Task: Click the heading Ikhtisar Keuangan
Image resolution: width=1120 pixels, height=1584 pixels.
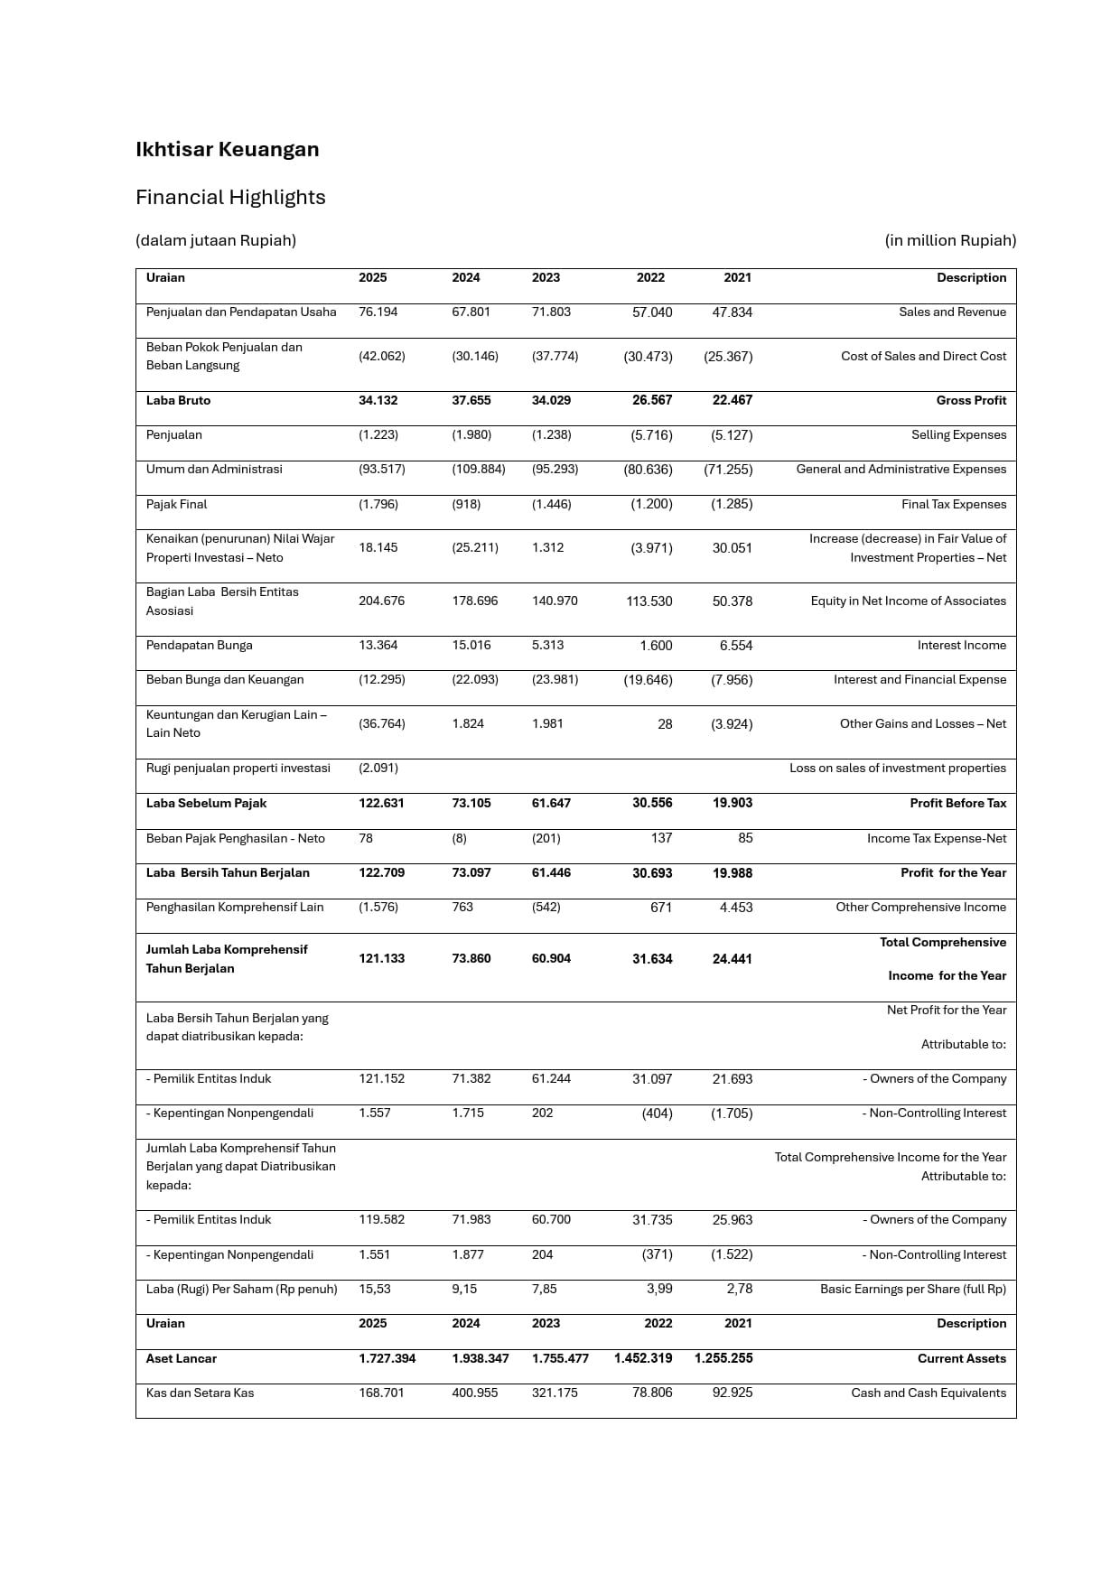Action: [227, 149]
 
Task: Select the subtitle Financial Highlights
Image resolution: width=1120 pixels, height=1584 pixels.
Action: [230, 197]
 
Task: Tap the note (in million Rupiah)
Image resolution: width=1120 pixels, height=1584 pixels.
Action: [950, 240]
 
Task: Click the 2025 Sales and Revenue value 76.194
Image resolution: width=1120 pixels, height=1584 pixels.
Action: [378, 312]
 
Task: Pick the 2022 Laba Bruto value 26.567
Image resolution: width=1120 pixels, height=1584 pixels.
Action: [652, 400]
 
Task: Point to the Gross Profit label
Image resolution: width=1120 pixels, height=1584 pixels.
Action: [971, 400]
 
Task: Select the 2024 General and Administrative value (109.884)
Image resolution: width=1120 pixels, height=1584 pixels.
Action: [479, 469]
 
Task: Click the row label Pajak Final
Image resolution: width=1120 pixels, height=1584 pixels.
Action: [176, 504]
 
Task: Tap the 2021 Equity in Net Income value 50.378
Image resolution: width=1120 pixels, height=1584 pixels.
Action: [732, 601]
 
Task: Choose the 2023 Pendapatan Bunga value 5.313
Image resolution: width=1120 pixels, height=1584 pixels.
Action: [547, 645]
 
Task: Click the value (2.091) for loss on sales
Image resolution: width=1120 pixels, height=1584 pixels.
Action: [378, 768]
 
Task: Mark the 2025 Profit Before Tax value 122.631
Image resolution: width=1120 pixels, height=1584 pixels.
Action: [381, 803]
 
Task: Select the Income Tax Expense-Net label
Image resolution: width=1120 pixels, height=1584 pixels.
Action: [937, 838]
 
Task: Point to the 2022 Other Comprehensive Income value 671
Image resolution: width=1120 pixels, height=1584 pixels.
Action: [661, 907]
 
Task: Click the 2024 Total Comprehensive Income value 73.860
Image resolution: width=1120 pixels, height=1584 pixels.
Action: [471, 958]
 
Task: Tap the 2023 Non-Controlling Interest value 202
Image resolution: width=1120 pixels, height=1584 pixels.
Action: [542, 1113]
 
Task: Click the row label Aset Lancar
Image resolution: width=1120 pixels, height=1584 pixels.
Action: [182, 1358]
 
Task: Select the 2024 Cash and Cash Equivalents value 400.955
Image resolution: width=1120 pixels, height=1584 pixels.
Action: [475, 1393]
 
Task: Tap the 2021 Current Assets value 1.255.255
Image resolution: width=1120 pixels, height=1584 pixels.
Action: [723, 1358]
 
